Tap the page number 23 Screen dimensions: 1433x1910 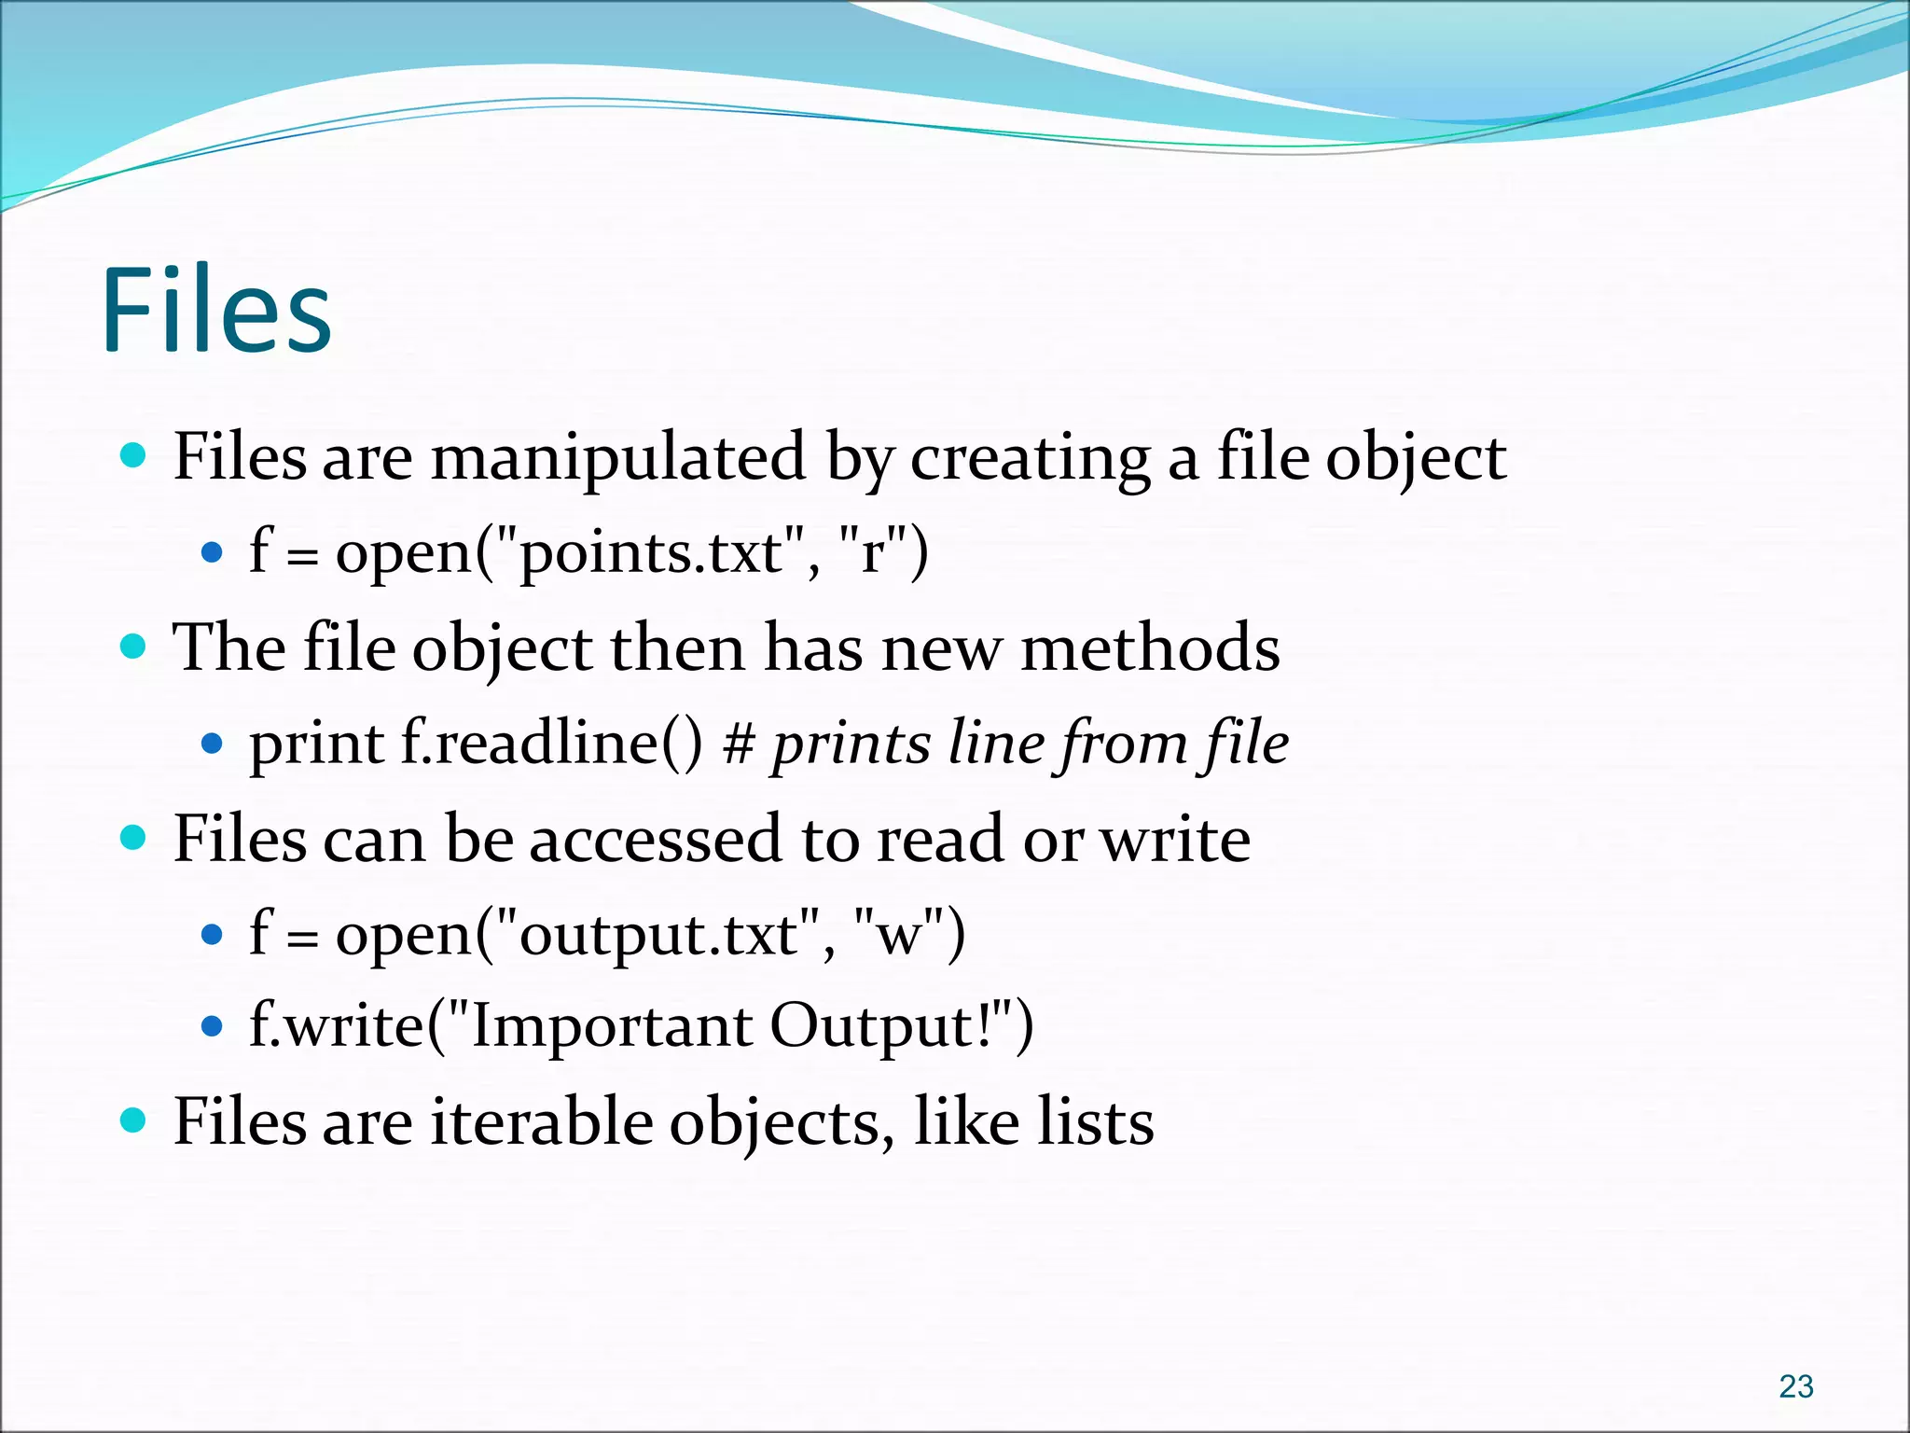pyautogui.click(x=1795, y=1386)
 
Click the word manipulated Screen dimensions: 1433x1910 pyautogui.click(x=618, y=458)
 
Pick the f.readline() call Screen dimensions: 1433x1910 pyautogui.click(x=551, y=744)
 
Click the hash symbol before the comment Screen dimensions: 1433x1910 pyautogui.click(x=739, y=744)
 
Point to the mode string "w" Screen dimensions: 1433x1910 pyautogui.click(x=899, y=934)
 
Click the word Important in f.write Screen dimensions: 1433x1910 pyautogui.click(x=612, y=1027)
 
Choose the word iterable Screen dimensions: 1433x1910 pyautogui.click(x=541, y=1121)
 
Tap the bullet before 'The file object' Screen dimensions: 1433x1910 pyautogui.click(x=134, y=647)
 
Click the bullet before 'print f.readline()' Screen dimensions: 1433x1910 pyautogui.click(x=213, y=744)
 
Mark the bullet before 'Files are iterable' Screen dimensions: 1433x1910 pyautogui.click(x=134, y=1120)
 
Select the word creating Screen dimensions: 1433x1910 pyautogui.click(x=1030, y=460)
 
